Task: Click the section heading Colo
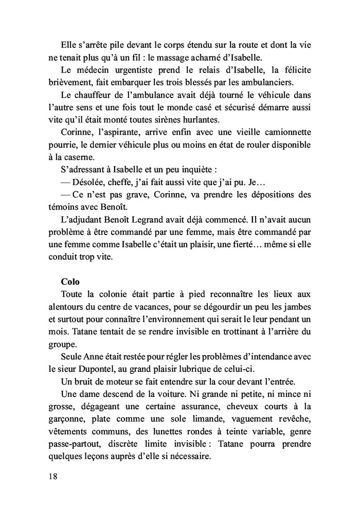(x=70, y=281)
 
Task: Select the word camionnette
(x=287, y=133)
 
